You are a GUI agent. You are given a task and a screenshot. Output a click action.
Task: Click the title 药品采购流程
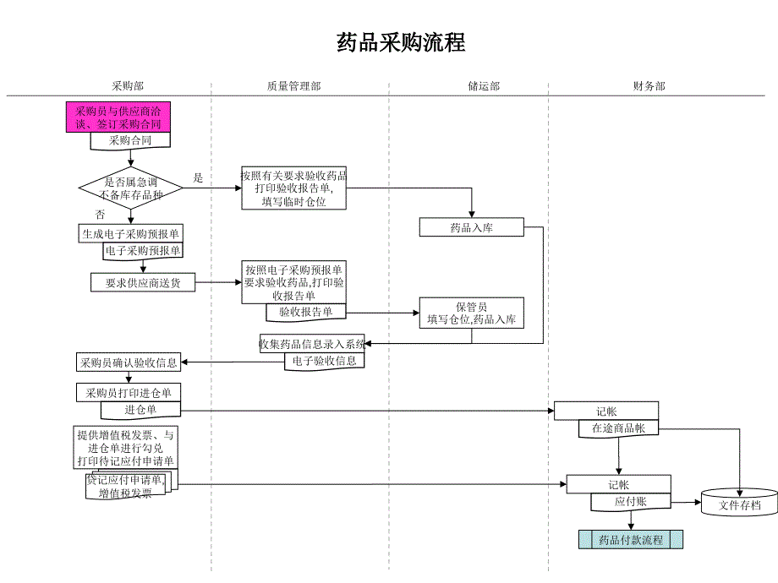401,42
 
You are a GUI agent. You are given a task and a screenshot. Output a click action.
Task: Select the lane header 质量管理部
293,86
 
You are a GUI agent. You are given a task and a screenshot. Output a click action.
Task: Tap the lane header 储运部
484,86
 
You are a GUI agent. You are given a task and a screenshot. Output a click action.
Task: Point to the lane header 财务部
649,86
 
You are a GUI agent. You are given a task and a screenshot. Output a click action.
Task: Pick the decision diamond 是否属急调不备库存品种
131,188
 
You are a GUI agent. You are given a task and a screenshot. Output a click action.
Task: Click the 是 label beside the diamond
199,177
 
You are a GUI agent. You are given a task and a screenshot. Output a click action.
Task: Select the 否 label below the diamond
100,215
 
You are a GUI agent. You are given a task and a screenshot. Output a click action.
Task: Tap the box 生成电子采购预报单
130,234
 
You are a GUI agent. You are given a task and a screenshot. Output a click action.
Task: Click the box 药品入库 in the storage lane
471,227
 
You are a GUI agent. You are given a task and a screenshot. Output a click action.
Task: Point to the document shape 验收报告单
305,313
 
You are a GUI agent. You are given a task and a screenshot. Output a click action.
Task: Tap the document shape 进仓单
140,410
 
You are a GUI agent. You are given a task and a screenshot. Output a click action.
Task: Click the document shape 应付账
630,502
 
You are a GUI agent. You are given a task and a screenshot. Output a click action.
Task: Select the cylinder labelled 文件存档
739,505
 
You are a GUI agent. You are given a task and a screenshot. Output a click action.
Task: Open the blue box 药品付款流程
630,540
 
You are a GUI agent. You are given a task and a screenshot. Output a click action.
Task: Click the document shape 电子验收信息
324,361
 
